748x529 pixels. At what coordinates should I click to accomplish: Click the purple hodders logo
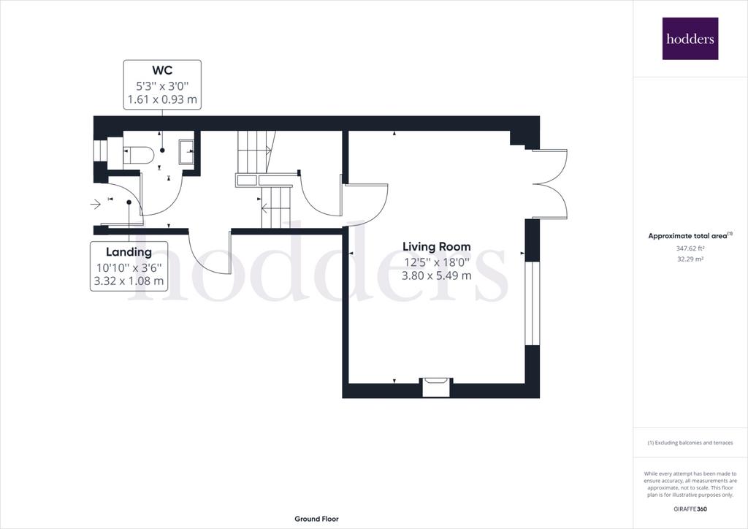(690, 39)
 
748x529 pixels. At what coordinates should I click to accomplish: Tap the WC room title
(162, 70)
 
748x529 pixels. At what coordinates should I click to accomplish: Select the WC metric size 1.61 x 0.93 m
(162, 99)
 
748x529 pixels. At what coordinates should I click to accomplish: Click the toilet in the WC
(139, 156)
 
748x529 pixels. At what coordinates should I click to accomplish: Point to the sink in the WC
(186, 152)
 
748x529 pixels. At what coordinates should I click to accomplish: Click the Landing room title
(129, 252)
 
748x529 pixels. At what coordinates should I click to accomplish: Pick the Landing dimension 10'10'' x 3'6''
(129, 267)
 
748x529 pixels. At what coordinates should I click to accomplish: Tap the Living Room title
(437, 247)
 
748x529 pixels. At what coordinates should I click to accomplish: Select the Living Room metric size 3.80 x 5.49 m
(437, 275)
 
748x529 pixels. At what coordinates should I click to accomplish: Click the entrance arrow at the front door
(96, 205)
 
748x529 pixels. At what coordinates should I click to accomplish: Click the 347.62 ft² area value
(690, 248)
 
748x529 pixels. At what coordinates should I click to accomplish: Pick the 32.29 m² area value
(690, 259)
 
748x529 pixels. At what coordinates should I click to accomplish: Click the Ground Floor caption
(317, 519)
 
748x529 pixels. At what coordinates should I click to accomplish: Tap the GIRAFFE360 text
(690, 509)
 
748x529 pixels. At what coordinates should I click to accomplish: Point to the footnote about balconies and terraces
(690, 443)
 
